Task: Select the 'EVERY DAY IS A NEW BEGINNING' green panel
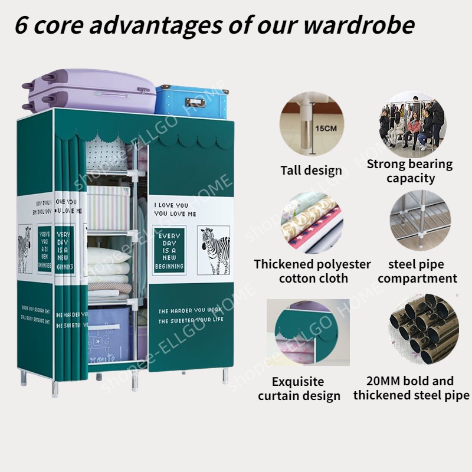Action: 170,251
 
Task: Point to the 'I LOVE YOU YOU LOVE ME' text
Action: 175,210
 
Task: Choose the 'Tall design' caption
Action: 311,171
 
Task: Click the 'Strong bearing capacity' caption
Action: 409,171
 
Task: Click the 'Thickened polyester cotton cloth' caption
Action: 313,271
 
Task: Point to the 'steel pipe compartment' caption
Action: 418,271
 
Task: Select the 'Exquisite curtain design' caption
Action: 299,388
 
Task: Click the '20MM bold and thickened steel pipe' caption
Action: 411,388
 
